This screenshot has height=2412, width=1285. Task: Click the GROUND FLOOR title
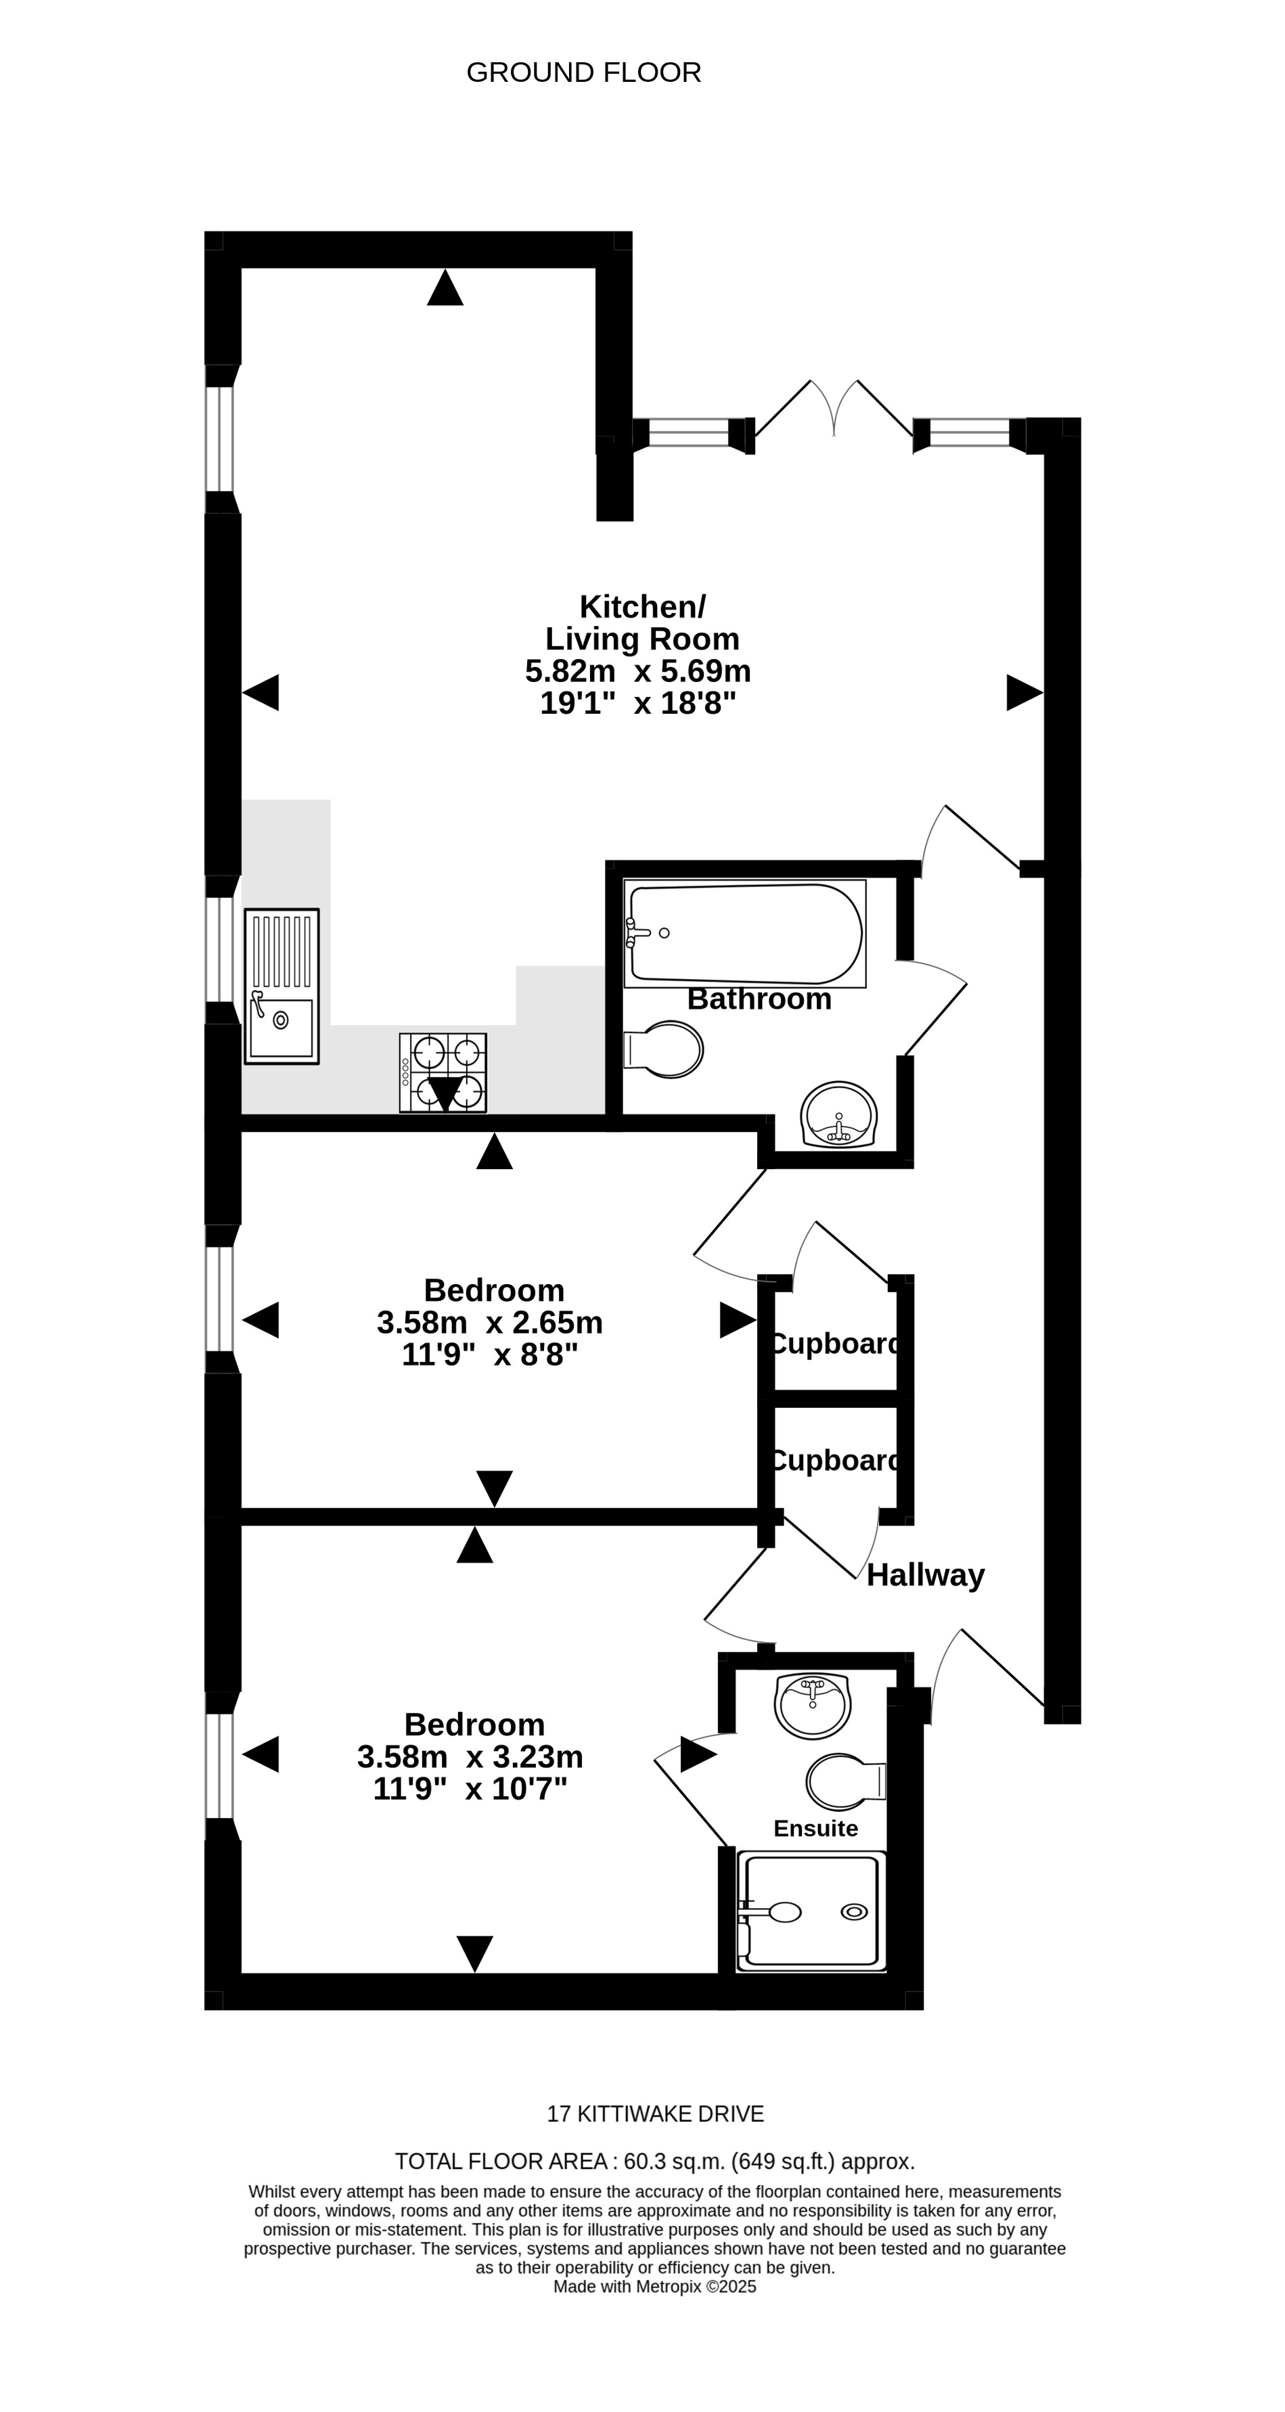click(x=583, y=72)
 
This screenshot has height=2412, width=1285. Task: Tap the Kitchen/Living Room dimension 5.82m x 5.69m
click(x=638, y=670)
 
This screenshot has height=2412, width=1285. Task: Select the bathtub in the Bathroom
click(x=744, y=934)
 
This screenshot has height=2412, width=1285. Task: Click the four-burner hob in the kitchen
click(x=443, y=1072)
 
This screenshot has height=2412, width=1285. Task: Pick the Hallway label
click(x=926, y=1575)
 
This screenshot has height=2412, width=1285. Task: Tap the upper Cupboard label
click(x=834, y=1344)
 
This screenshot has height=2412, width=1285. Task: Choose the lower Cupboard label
click(x=834, y=1461)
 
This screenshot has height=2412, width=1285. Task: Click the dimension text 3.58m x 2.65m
click(x=490, y=1322)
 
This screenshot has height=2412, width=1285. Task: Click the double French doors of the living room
click(x=834, y=412)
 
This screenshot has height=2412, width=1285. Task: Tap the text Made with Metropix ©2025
click(x=654, y=2287)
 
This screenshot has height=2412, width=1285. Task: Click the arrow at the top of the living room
click(x=445, y=288)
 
